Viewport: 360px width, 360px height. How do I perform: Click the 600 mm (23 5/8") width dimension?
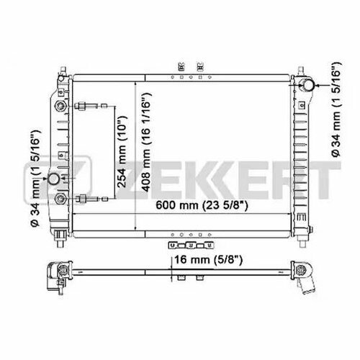pyautogui.click(x=202, y=205)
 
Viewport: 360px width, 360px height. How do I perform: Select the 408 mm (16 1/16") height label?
pyautogui.click(x=146, y=142)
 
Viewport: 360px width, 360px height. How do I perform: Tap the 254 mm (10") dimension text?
pyautogui.click(x=122, y=152)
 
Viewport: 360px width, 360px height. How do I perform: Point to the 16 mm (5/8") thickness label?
pyautogui.click(x=208, y=259)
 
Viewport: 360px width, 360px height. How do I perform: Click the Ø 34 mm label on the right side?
pyautogui.click(x=336, y=109)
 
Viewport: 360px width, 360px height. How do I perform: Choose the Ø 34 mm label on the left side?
pyautogui.click(x=35, y=178)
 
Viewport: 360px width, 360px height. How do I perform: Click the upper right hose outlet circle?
pyautogui.click(x=307, y=85)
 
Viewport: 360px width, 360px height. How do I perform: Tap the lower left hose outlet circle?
pyautogui.click(x=53, y=179)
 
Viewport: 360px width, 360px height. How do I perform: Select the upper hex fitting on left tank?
pyautogui.click(x=60, y=106)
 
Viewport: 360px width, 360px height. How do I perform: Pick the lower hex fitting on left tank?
pyautogui.click(x=60, y=199)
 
